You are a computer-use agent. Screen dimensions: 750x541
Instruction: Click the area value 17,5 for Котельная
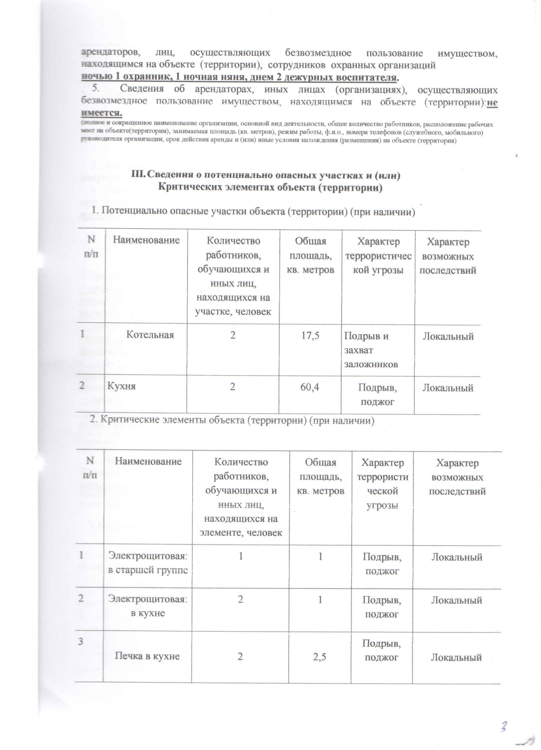click(310, 336)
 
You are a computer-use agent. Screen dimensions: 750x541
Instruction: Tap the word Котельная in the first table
click(150, 335)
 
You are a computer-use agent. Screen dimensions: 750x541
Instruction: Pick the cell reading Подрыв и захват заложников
click(371, 350)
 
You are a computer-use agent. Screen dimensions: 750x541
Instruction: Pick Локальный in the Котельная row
click(448, 336)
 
